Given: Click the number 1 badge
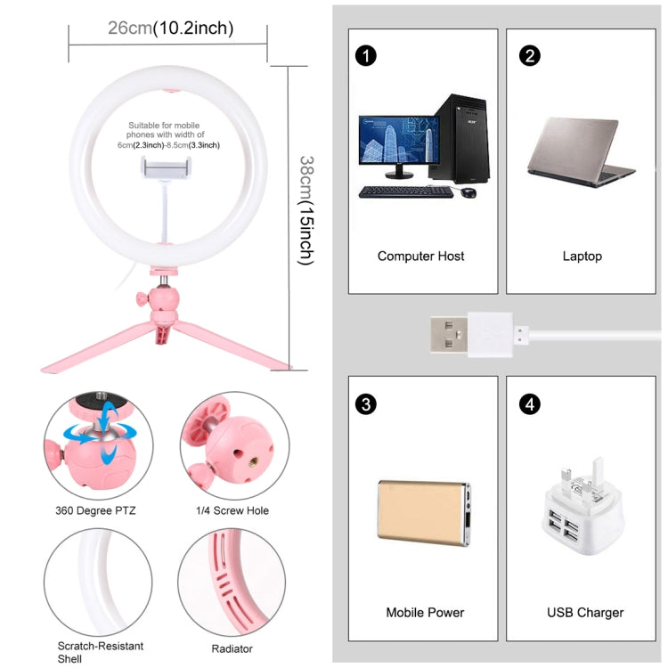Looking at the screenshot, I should point(365,55).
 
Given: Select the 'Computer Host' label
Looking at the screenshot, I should point(420,256).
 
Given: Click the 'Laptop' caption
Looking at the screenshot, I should point(582,256).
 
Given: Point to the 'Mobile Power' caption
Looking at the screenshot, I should point(425,612).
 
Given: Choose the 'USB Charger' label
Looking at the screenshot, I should point(584,612).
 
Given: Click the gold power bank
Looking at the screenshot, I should point(421,509).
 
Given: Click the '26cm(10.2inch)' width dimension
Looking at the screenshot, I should point(170,29).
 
